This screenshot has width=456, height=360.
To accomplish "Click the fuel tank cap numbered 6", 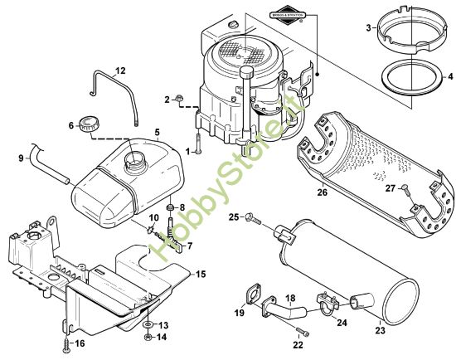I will (x=87, y=127).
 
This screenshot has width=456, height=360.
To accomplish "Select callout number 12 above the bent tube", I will (x=120, y=70).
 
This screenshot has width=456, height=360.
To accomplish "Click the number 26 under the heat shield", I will (x=322, y=192).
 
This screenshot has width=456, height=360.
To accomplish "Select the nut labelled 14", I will (x=147, y=337).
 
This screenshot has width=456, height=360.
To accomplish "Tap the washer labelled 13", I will (x=147, y=324).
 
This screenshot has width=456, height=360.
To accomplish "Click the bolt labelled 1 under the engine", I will (x=200, y=144).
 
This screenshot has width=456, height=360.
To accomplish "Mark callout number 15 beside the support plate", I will (x=199, y=272).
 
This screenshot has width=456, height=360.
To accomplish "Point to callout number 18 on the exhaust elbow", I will (x=290, y=297).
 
